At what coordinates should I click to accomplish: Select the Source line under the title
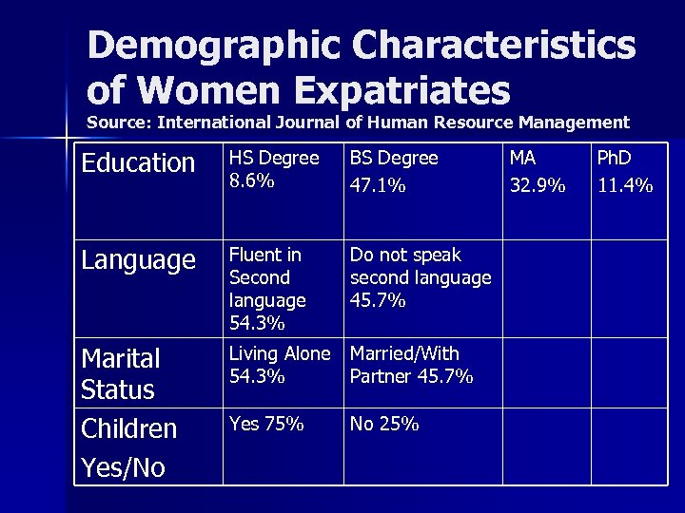pyautogui.click(x=358, y=123)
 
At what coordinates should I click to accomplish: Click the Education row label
pyautogui.click(x=138, y=163)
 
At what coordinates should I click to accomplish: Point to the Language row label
pyautogui.click(x=139, y=261)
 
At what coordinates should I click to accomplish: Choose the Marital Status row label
pyautogui.click(x=120, y=373)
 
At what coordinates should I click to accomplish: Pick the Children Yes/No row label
pyautogui.click(x=129, y=446)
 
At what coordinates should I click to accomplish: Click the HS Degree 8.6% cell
pyautogui.click(x=275, y=169)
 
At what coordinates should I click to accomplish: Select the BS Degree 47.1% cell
pyautogui.click(x=394, y=171)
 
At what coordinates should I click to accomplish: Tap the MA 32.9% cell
pyautogui.click(x=538, y=171)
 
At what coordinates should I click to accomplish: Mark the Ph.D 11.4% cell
pyautogui.click(x=624, y=171)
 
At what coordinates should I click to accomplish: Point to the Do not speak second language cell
pyautogui.click(x=420, y=277)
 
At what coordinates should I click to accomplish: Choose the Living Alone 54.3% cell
pyautogui.click(x=279, y=364)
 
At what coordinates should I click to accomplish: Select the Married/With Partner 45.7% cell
pyautogui.click(x=412, y=364)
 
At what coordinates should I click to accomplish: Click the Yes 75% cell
pyautogui.click(x=266, y=425)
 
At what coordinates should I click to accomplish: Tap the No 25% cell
pyautogui.click(x=384, y=425)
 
